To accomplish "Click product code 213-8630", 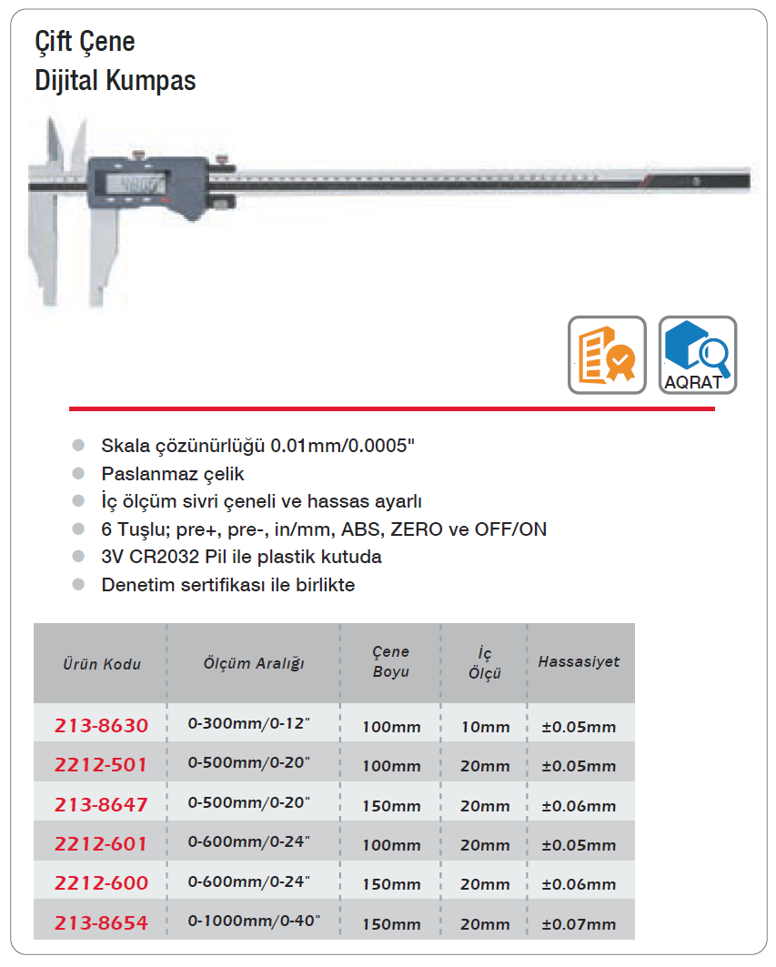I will pyautogui.click(x=100, y=726).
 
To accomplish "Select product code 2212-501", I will pyautogui.click(x=100, y=765).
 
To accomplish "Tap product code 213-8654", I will pyautogui.click(x=100, y=923).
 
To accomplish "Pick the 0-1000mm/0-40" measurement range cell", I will pyautogui.click(x=254, y=922).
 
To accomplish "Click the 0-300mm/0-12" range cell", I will pyautogui.click(x=248, y=725).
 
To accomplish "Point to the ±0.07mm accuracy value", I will pyautogui.click(x=579, y=924).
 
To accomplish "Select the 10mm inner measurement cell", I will pyautogui.click(x=485, y=727).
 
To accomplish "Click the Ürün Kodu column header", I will pyautogui.click(x=102, y=663).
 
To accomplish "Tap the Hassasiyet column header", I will pyautogui.click(x=579, y=661).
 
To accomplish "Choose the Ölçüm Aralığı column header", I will pyautogui.click(x=253, y=662).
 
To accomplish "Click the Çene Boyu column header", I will pyautogui.click(x=390, y=661).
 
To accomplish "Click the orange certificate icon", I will pyautogui.click(x=607, y=355).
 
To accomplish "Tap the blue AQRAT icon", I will pyautogui.click(x=697, y=355).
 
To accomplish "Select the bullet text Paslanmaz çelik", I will pyautogui.click(x=173, y=474).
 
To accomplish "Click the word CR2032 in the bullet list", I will pyautogui.click(x=166, y=557).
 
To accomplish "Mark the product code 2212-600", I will pyautogui.click(x=100, y=883).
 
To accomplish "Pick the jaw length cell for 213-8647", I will pyautogui.click(x=391, y=806).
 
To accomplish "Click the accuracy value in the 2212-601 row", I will pyautogui.click(x=579, y=845).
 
